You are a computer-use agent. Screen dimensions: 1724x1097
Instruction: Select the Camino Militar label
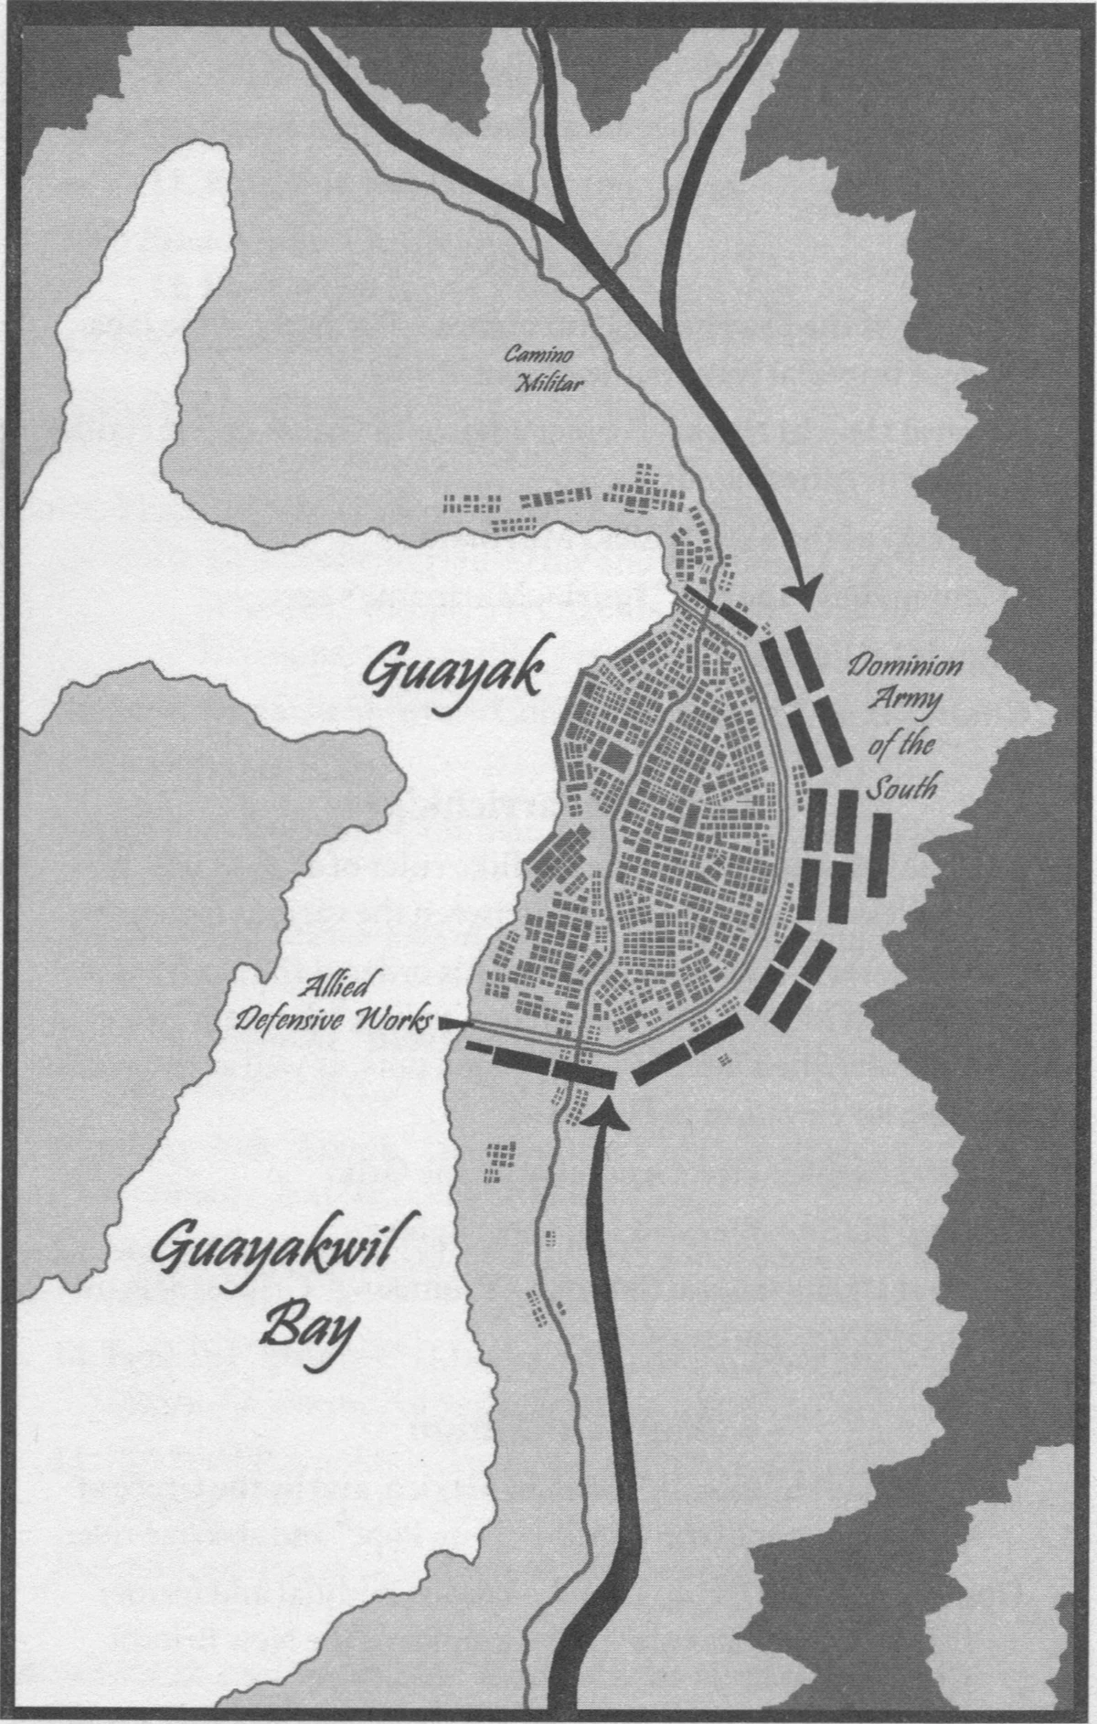pos(544,369)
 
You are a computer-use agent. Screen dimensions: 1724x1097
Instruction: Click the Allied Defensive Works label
pos(331,1004)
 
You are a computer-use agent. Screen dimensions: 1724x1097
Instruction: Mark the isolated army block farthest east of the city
pos(879,854)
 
